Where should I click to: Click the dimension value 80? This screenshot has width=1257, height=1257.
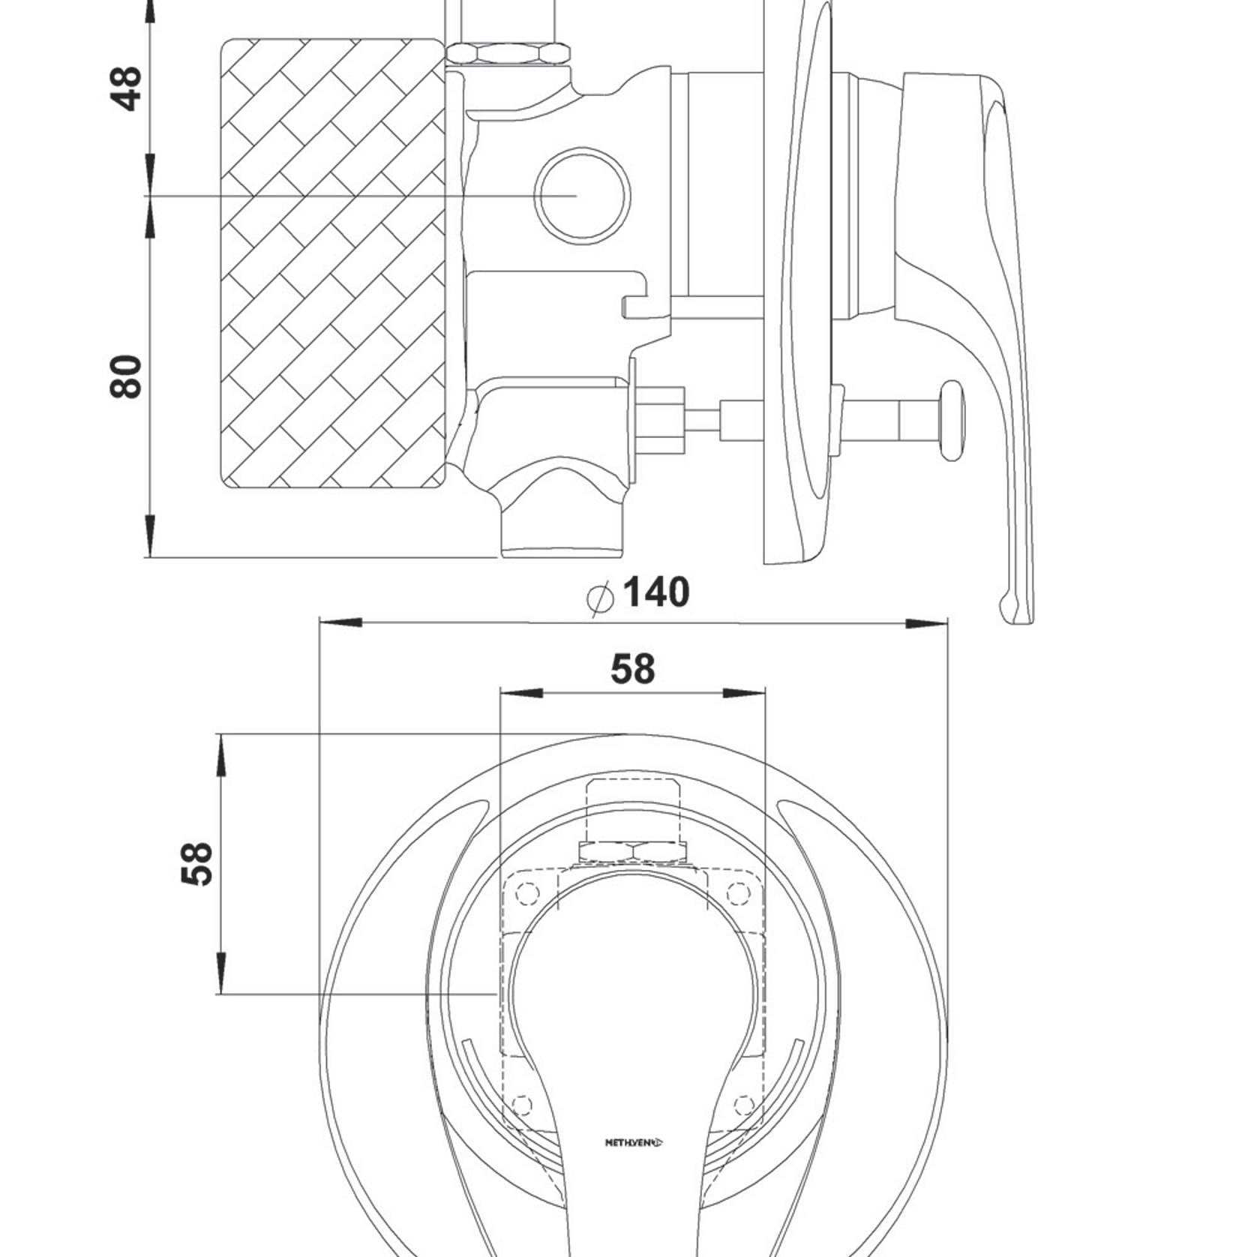coord(126,376)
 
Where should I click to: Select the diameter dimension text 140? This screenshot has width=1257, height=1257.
coord(656,592)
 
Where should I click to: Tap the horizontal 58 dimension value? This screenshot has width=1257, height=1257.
coord(633,669)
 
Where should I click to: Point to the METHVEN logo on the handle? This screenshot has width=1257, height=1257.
coord(634,1143)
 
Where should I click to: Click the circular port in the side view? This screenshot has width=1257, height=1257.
coord(582,195)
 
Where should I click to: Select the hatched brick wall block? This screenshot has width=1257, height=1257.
coord(333,263)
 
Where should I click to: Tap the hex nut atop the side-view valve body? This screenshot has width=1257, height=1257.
coord(508,54)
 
